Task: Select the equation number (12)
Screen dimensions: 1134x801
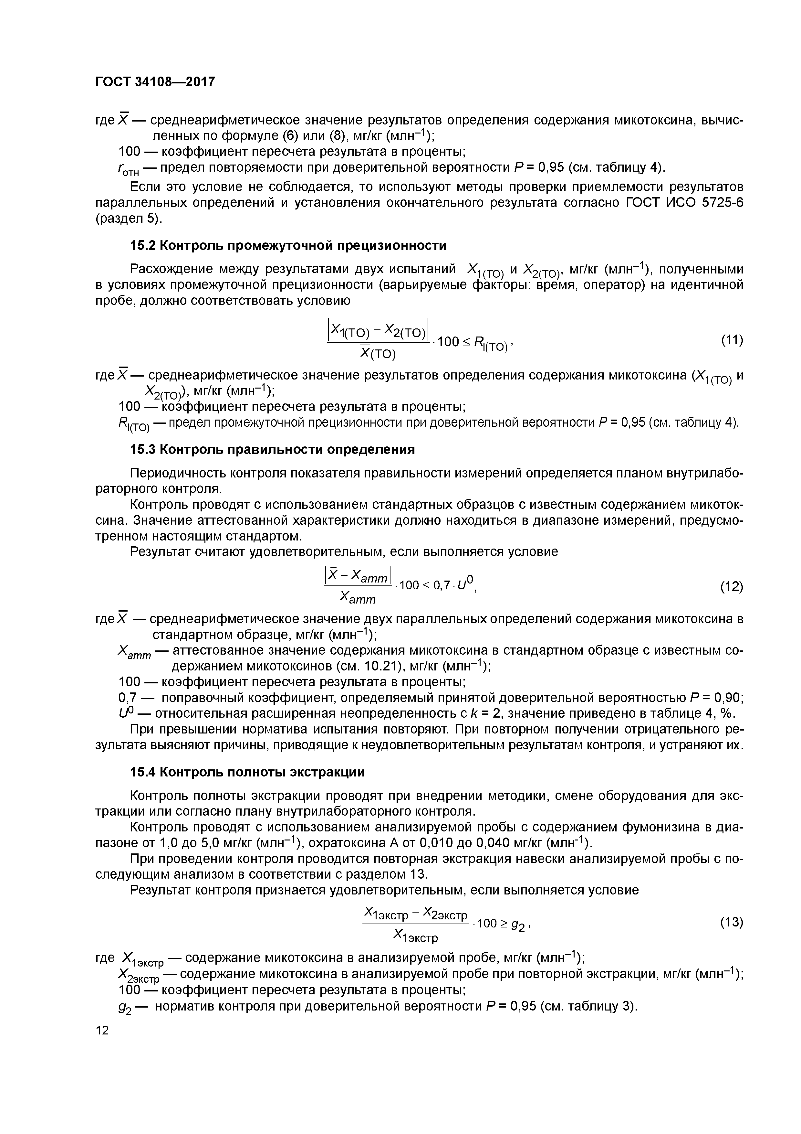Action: (732, 586)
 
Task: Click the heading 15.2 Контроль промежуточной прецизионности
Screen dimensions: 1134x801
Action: (288, 245)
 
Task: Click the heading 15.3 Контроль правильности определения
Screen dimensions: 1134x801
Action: (272, 449)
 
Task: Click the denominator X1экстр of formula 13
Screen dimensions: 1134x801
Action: (416, 935)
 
